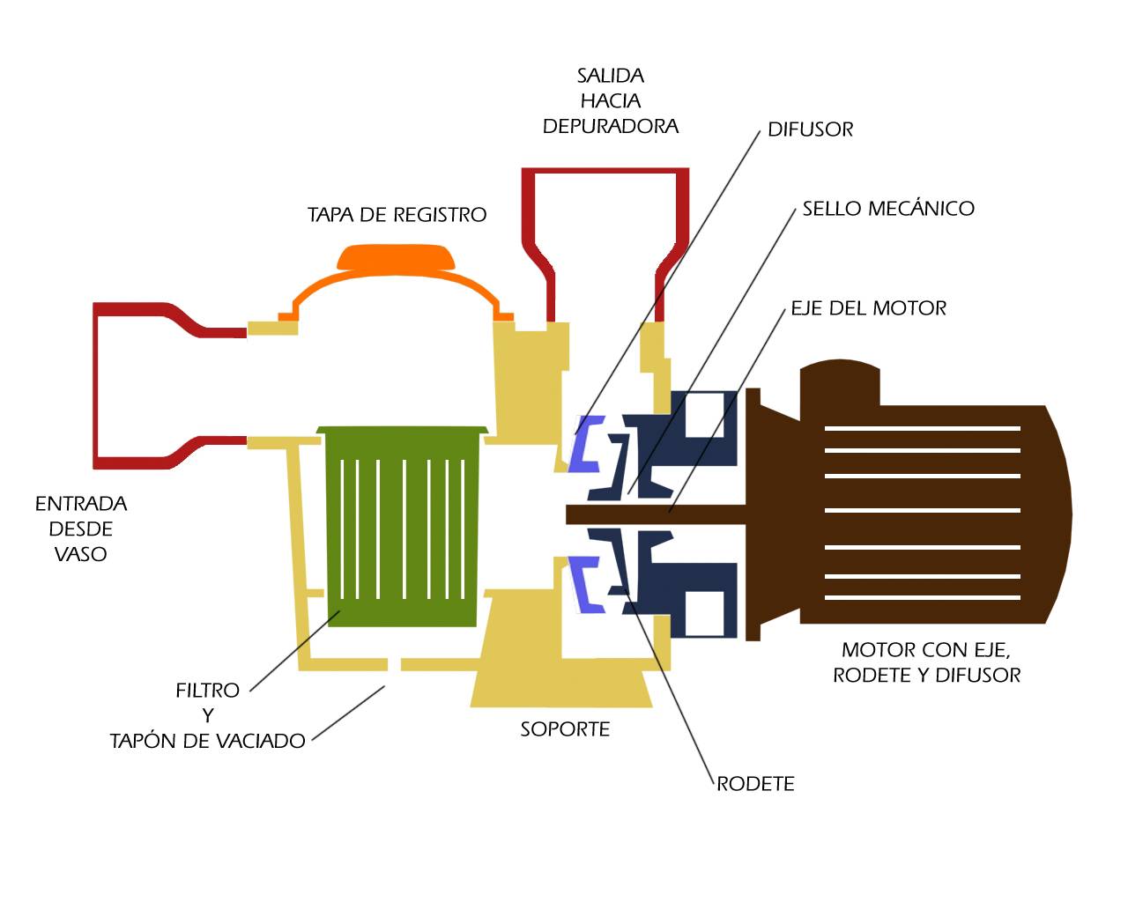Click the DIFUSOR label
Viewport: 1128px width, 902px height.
pos(810,129)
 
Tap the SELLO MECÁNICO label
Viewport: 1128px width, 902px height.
pos(888,208)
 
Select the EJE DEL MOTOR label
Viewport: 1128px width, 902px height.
pos(869,307)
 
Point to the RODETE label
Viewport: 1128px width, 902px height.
pos(755,784)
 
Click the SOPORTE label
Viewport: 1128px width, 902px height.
pos(565,729)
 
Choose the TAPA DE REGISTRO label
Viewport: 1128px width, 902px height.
pos(397,214)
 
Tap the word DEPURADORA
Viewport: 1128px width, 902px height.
pos(611,126)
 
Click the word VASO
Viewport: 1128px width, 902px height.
pos(81,554)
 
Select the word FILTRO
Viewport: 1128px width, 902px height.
pos(208,691)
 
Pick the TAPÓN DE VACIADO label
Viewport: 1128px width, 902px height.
pos(208,741)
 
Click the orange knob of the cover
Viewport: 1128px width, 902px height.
pos(396,257)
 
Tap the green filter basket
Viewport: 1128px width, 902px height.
pos(402,526)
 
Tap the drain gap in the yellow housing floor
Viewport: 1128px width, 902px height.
pos(394,664)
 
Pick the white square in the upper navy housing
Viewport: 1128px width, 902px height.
pos(704,415)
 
